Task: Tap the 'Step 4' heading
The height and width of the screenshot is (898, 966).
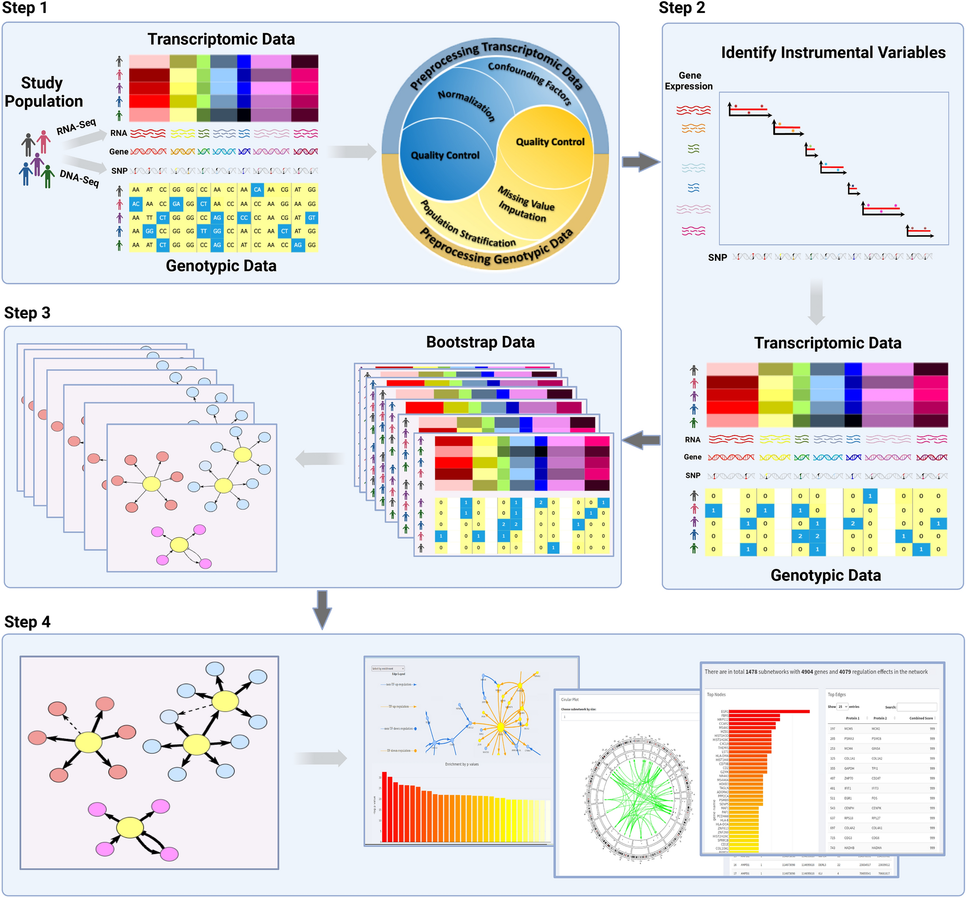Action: [27, 622]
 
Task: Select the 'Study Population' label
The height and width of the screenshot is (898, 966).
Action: [43, 92]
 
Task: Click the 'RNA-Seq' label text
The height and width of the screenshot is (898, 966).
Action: [77, 127]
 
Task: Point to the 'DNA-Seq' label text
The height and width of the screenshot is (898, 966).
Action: [79, 179]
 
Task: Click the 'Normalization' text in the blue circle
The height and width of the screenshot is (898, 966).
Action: [466, 105]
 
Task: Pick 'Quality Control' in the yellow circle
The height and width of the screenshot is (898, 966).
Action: [550, 142]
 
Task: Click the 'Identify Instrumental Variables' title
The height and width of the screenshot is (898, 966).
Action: [833, 52]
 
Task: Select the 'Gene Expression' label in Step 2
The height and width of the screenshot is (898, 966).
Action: [689, 81]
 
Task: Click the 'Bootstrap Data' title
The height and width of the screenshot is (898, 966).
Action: [480, 342]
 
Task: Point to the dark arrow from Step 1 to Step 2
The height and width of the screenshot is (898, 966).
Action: [641, 162]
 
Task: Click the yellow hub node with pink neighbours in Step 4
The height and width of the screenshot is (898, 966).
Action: [130, 828]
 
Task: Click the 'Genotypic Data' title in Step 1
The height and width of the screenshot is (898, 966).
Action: [221, 266]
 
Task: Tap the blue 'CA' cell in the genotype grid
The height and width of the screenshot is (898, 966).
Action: [258, 190]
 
